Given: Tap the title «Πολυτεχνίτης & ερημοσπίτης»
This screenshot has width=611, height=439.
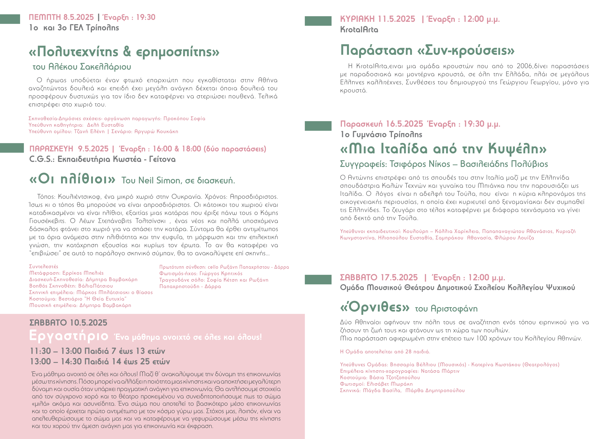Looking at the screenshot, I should coord(124,51).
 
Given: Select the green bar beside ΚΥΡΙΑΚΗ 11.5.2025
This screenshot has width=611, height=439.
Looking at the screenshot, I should coord(318,21).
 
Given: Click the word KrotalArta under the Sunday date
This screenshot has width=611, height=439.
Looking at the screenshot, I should coord(359,30).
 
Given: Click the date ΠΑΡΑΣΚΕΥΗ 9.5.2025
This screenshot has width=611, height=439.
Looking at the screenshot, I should coord(69,149).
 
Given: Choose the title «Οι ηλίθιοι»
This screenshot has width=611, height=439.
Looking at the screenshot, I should coord(72,179).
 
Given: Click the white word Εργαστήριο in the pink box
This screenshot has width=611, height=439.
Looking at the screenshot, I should coord(69,336).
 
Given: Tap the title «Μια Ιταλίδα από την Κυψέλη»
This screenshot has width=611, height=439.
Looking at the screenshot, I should coord(443,149).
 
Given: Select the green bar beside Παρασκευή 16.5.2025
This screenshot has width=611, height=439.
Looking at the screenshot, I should coord(318,126).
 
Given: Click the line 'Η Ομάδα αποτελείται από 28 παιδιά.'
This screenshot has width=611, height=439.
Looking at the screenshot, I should coord(385,352).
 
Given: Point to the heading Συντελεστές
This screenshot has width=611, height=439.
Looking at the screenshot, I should coord(44,267).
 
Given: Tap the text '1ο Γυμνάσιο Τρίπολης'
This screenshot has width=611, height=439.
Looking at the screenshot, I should coord(381,134).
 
